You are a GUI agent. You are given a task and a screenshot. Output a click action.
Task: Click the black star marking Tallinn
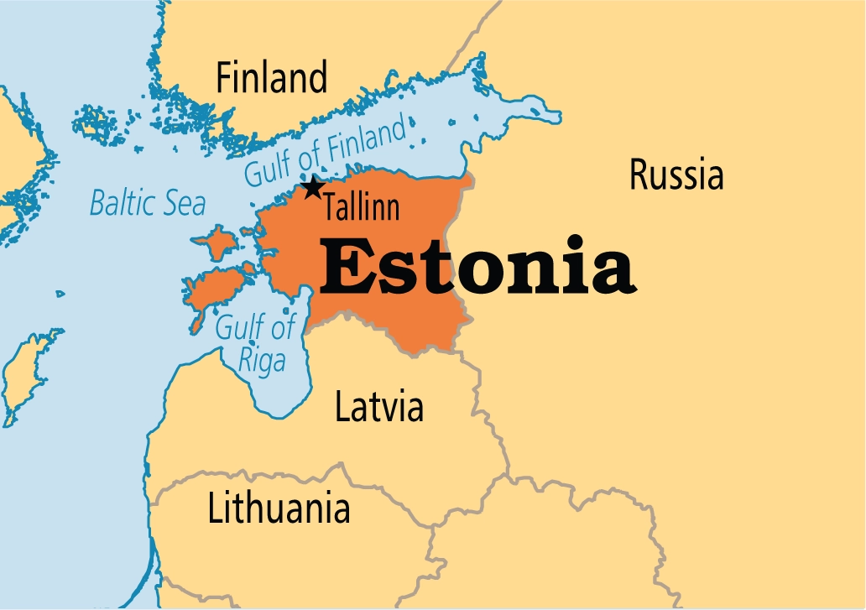click(x=313, y=188)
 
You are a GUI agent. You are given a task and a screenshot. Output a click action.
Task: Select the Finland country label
click(x=271, y=79)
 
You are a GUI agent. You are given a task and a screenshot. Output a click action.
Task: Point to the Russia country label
click(x=676, y=176)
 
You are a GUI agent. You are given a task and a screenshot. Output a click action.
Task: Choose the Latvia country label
click(x=379, y=407)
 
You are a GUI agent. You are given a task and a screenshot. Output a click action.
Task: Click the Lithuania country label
click(x=279, y=508)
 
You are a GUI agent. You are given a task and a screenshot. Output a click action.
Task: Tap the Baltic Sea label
click(x=148, y=203)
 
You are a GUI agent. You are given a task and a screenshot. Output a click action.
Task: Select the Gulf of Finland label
click(x=326, y=151)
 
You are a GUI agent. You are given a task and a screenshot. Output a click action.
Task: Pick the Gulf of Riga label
click(x=255, y=344)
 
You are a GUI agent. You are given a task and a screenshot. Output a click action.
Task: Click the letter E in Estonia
click(x=344, y=269)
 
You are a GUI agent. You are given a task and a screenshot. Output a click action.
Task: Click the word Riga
click(x=262, y=362)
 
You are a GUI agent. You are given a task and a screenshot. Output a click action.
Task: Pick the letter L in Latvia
click(x=342, y=407)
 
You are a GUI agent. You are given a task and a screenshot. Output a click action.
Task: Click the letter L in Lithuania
click(x=214, y=508)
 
